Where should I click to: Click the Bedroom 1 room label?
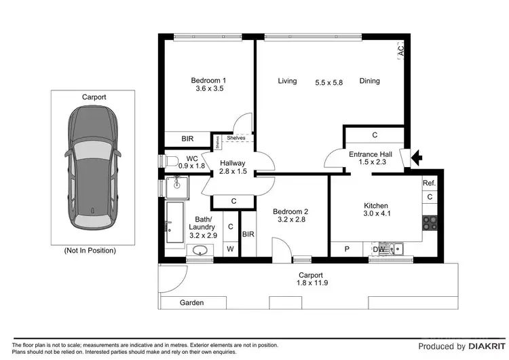(210, 81)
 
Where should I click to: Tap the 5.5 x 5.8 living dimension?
(328, 82)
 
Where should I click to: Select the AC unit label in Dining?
(400, 50)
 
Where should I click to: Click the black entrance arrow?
(417, 159)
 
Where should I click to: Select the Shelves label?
(235, 138)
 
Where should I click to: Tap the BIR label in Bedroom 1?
(187, 139)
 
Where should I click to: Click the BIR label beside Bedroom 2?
(248, 235)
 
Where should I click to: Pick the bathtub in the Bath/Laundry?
(174, 222)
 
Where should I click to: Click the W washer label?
(230, 249)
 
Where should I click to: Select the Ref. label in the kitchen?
(429, 183)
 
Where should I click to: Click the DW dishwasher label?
(380, 249)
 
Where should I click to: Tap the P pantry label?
(346, 249)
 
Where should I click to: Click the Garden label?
(191, 303)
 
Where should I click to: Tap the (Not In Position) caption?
(90, 250)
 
